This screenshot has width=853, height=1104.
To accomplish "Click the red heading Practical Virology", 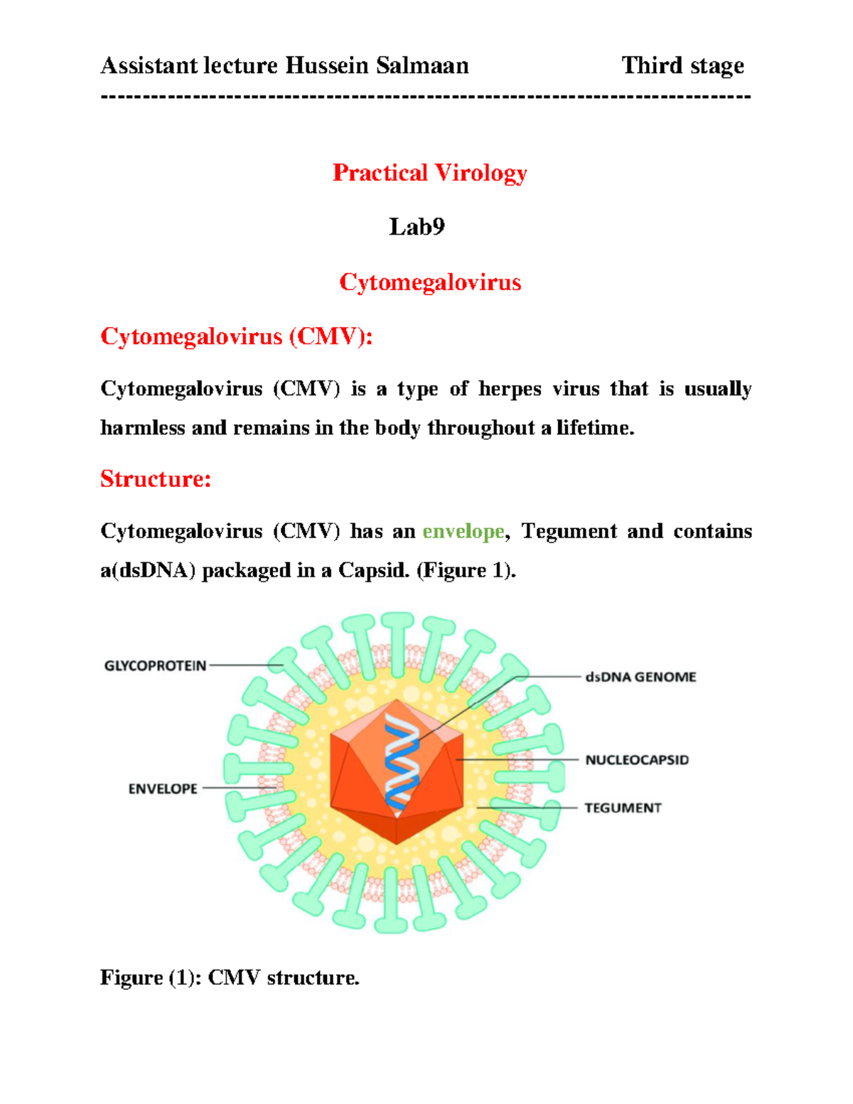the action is (x=429, y=173).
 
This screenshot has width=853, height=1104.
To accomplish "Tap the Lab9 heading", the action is (x=417, y=227).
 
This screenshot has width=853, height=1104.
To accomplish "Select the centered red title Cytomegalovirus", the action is (x=430, y=282).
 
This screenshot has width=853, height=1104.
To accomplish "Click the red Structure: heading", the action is (x=156, y=478).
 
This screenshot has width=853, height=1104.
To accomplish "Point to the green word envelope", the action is (x=463, y=531).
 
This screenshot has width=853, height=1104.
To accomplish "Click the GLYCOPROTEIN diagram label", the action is (x=155, y=666).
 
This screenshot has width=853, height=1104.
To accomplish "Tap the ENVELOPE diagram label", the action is (x=163, y=788).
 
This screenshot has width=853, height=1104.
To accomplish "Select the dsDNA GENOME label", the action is (x=640, y=677).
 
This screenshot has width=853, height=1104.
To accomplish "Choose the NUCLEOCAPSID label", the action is (x=637, y=760).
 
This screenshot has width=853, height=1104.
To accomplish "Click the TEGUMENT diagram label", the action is (x=623, y=808).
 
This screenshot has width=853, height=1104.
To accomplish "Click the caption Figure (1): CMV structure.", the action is (x=230, y=977).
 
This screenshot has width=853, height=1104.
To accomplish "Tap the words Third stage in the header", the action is (x=682, y=65).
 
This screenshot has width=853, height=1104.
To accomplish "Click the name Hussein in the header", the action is (x=327, y=65).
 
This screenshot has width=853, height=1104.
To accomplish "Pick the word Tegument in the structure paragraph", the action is (x=569, y=531).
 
